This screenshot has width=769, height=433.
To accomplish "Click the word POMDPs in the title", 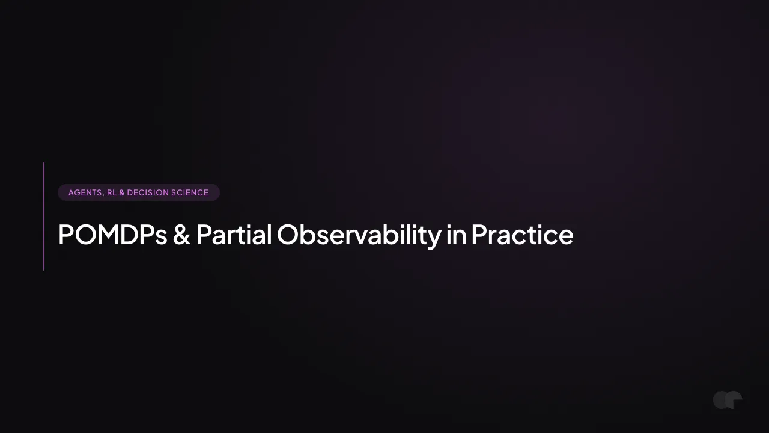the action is coord(112,235).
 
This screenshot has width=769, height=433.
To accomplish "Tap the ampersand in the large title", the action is coord(181,235).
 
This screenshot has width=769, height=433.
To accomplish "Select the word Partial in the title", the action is coord(234,235).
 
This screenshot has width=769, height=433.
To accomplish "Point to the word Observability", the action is coord(359,236).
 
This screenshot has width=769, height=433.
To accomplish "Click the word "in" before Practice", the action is coord(456,235).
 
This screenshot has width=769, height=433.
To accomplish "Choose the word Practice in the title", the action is coord(522,235).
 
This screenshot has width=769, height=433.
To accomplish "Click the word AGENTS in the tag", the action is coord(85,192).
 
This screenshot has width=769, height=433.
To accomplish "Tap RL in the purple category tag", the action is coord(112,192).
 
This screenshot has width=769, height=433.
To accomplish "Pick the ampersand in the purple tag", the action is coord(121,192).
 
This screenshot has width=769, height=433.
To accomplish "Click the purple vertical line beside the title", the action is coord(44,216).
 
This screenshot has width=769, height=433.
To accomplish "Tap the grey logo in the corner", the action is coord(728,400).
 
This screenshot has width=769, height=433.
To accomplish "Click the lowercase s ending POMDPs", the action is coord(161,237).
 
